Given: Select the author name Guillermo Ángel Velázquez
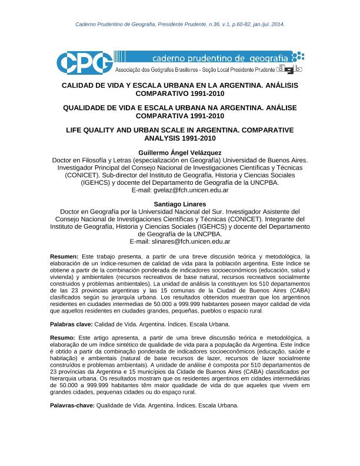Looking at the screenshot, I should [x=179, y=152].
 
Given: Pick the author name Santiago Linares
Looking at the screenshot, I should [x=179, y=204].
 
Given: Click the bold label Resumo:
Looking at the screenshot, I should [x=62, y=338].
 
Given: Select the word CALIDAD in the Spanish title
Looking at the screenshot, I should [x=81, y=85].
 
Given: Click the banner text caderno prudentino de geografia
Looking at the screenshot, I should [x=220, y=59].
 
